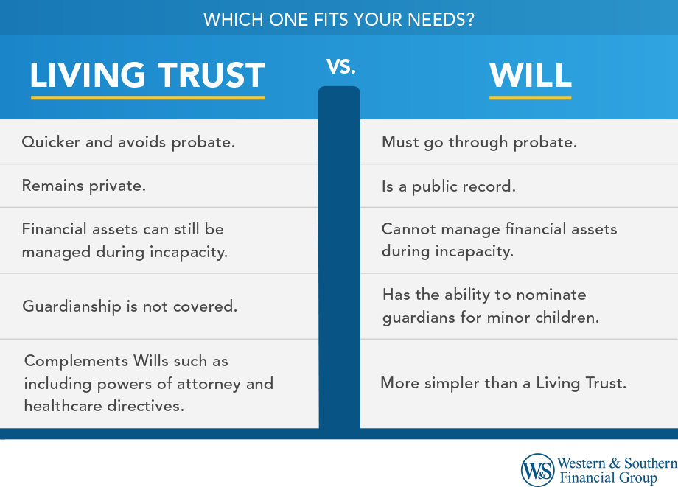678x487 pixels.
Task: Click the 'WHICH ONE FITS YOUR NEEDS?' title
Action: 338,19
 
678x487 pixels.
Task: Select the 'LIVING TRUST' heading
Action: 147,75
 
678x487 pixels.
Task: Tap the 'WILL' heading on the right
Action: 531,76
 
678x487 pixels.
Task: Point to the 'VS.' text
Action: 340,66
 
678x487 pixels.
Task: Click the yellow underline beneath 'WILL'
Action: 531,98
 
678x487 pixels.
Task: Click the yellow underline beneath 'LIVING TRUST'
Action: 148,98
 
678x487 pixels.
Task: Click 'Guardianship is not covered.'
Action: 130,306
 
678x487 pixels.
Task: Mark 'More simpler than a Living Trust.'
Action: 503,383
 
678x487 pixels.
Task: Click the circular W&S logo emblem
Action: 537,470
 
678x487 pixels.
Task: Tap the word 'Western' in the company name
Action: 581,463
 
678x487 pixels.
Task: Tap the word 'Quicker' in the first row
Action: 51,142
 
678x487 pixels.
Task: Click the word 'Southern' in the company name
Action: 651,463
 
